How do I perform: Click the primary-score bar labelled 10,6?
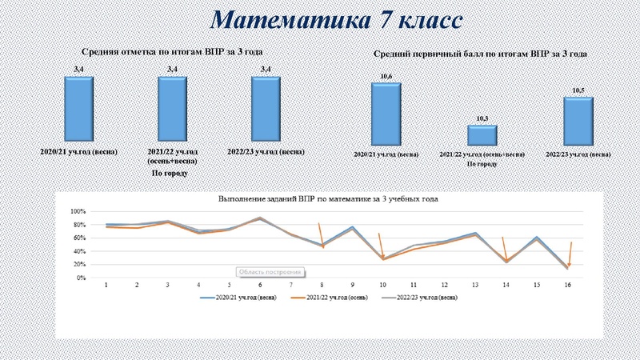[386, 113]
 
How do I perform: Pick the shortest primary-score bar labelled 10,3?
[482, 134]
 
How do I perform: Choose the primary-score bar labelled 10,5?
[578, 120]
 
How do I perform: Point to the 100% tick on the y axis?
[78, 212]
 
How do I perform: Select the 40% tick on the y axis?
[78, 252]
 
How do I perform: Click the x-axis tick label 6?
[259, 285]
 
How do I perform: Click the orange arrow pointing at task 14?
[505, 249]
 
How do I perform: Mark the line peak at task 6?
[259, 218]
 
